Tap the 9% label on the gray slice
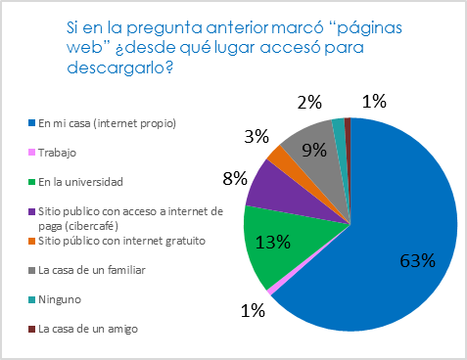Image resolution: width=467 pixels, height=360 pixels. pos(314,151)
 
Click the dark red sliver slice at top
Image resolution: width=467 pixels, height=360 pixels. pos(347,122)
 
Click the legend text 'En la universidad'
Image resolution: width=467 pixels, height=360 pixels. pos(72,181)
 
